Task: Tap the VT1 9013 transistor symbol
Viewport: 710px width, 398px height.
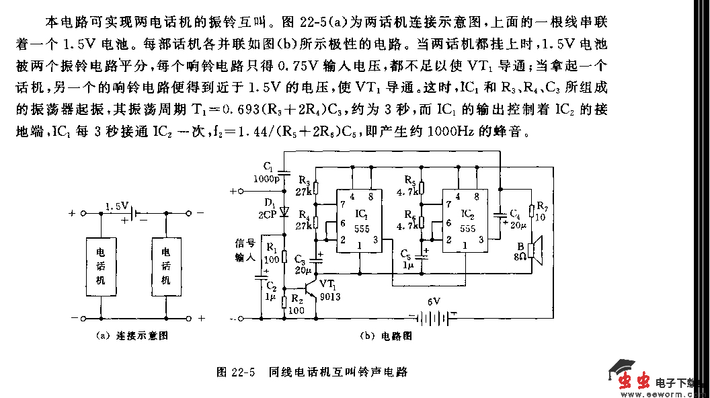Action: click(x=310, y=287)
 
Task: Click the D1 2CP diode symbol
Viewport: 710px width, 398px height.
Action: click(x=283, y=211)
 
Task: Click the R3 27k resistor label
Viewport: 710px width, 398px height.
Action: click(x=305, y=186)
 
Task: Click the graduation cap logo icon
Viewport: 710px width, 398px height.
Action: click(x=622, y=370)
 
